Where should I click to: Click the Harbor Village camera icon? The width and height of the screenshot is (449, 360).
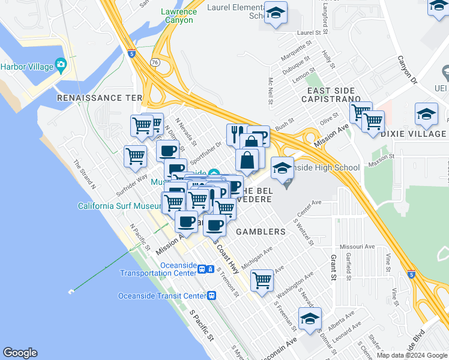click(61, 64)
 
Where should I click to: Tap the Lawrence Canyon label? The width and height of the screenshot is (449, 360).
click(179, 16)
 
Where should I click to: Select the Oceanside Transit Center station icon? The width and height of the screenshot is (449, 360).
click(211, 295)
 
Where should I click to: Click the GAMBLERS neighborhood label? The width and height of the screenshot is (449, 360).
click(261, 232)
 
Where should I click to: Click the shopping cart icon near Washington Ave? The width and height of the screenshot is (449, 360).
click(262, 280)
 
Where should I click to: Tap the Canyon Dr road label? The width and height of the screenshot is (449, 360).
click(406, 68)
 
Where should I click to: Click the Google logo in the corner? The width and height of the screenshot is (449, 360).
click(20, 353)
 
